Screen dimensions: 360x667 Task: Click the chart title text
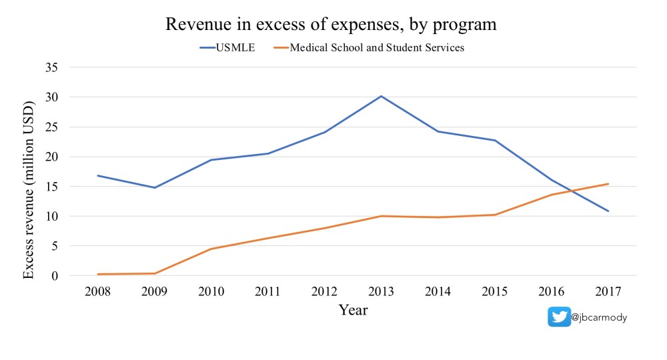tap(331, 25)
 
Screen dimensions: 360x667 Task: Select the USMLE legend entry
tap(227, 47)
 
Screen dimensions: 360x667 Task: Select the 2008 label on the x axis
tap(98, 291)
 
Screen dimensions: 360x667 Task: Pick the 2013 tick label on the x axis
tap(382, 291)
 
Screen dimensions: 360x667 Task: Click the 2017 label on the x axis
tap(608, 291)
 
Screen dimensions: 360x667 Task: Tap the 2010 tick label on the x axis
tap(211, 291)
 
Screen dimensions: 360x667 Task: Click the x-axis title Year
tap(353, 310)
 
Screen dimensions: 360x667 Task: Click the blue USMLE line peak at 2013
tap(382, 96)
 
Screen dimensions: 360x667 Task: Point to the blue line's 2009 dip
tap(155, 187)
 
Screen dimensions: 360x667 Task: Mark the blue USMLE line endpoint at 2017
tap(608, 211)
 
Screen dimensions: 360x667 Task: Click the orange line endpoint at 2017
tap(608, 184)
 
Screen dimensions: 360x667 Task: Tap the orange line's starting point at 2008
tap(98, 274)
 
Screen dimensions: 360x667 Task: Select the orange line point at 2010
tap(211, 249)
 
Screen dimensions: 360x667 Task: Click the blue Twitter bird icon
tap(559, 317)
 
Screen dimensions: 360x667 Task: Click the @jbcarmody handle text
tap(599, 317)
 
